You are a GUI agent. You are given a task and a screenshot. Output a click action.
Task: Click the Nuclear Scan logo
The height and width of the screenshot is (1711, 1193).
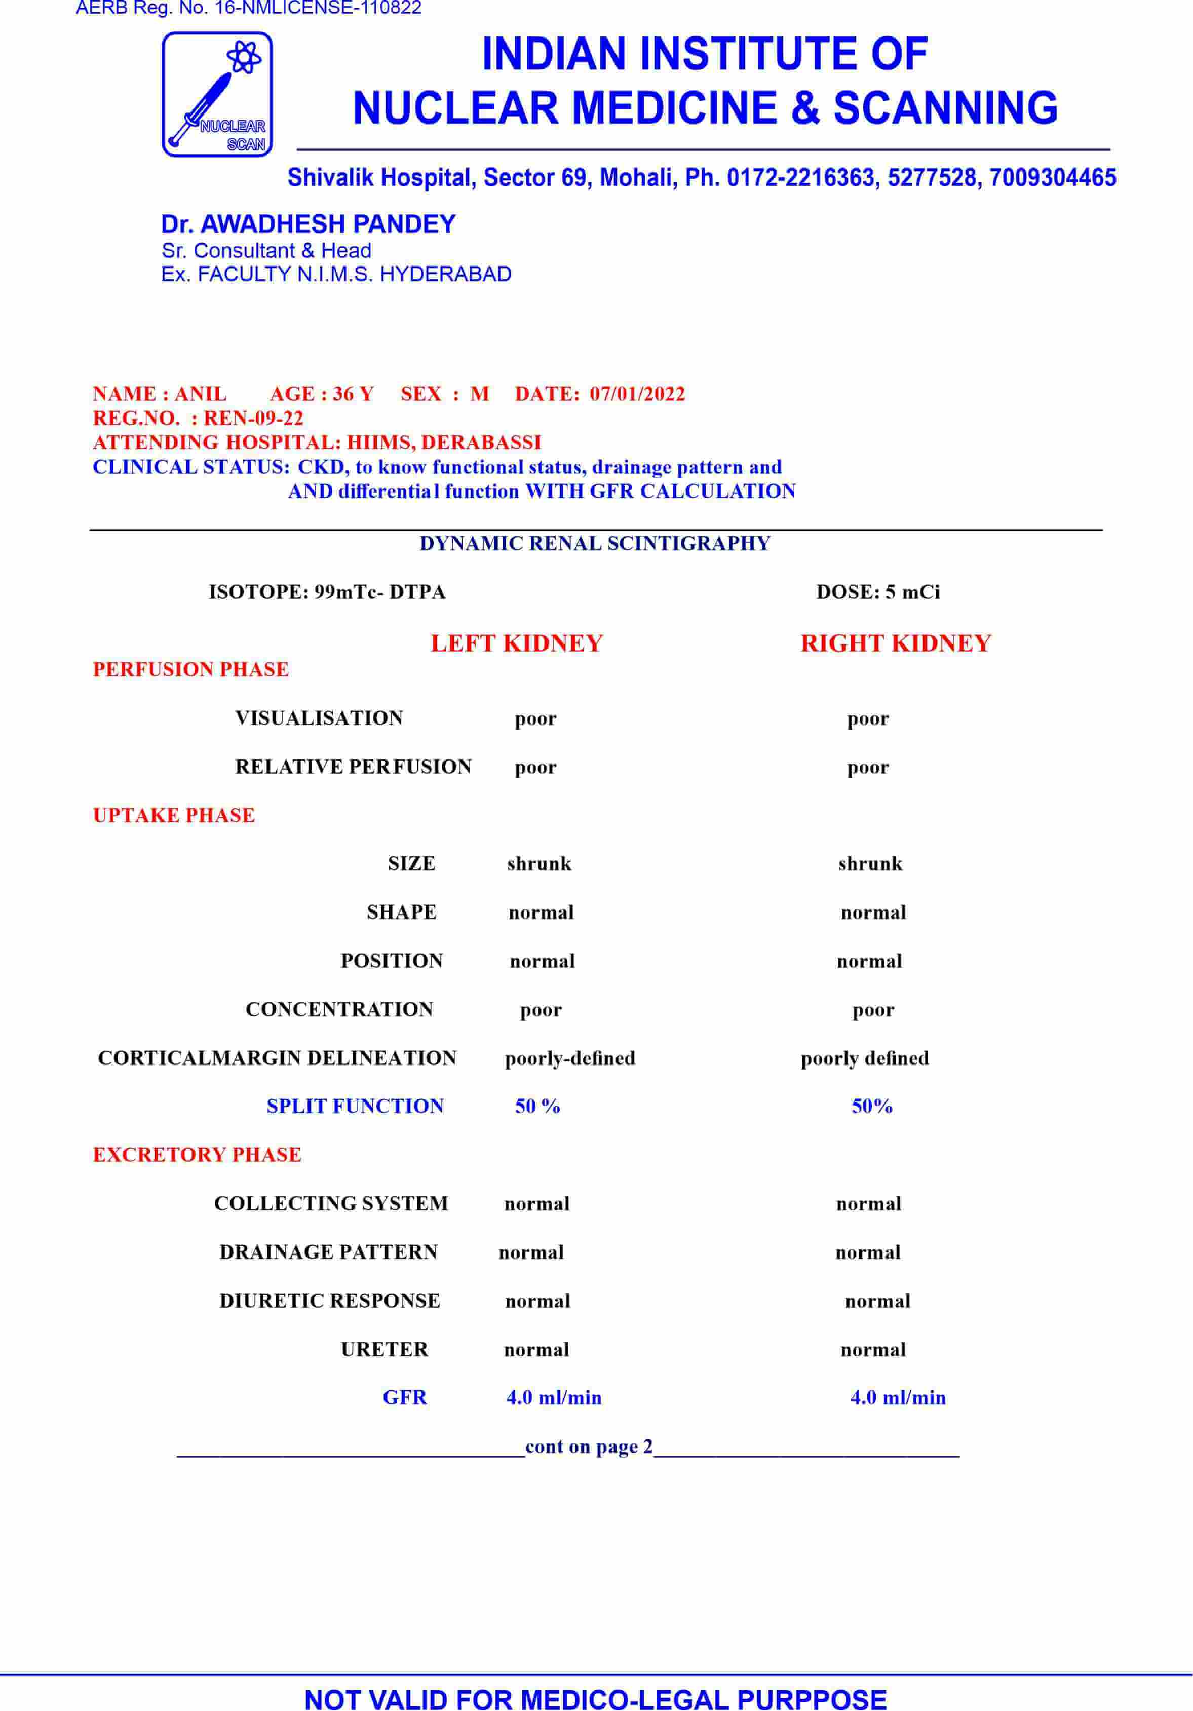pos(217,95)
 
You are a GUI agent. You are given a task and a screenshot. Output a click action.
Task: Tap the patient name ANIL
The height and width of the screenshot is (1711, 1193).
pos(201,394)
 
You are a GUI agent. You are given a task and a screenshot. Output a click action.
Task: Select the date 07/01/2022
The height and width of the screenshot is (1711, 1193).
pos(637,394)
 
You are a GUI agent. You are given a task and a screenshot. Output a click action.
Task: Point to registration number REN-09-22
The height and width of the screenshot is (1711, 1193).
pos(253,418)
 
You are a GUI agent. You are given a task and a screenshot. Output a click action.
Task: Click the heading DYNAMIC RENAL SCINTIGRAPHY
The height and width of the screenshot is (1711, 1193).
pos(595,543)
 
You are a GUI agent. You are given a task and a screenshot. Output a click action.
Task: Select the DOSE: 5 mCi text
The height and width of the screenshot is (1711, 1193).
pos(878,592)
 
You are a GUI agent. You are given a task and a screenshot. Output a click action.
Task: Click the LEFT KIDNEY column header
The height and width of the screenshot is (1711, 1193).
pos(516,643)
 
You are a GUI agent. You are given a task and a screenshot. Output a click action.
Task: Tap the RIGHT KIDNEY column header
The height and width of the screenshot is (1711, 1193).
pos(896,643)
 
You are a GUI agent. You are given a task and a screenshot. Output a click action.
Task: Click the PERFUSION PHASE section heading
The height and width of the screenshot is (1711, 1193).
pos(191,669)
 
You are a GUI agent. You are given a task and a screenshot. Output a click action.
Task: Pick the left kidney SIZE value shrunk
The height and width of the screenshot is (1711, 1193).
pos(539,864)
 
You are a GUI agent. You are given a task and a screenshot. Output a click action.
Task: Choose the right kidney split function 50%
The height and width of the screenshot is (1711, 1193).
pos(872,1107)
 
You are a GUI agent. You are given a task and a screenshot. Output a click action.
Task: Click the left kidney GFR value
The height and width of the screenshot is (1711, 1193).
pos(554,1398)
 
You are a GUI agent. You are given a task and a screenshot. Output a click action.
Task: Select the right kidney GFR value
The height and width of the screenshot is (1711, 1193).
pos(898,1398)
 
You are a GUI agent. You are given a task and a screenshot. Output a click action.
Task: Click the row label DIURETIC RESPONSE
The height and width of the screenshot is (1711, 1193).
pos(329,1301)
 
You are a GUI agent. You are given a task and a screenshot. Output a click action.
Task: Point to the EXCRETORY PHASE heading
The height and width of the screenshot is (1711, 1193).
pos(197,1155)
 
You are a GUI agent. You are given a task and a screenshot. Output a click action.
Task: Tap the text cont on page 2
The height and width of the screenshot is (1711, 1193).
pos(589,1447)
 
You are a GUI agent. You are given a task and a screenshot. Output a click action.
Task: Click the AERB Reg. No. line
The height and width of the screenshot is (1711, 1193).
pos(249,9)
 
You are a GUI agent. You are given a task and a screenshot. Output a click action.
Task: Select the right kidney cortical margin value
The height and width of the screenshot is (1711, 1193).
pos(864,1058)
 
